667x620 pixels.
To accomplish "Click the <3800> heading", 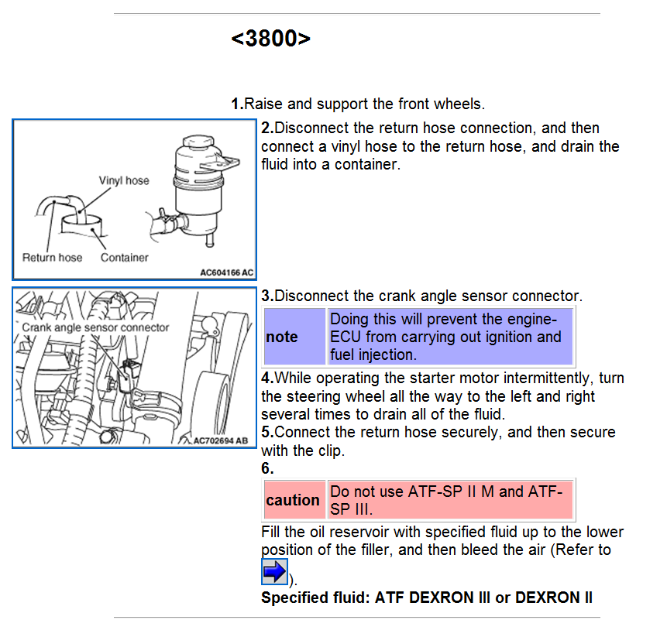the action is tap(270, 39).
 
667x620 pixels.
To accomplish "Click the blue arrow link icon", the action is tap(274, 571).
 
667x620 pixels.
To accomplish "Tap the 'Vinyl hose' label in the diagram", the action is tap(124, 180).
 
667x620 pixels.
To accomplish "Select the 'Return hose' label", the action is tap(53, 258).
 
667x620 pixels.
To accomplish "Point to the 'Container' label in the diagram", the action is tap(125, 258).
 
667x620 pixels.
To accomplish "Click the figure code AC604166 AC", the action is tap(227, 272).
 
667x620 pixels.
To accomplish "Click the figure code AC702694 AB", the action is tap(221, 440).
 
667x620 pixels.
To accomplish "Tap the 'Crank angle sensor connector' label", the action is tap(96, 327).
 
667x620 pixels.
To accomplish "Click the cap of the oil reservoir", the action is tap(198, 142).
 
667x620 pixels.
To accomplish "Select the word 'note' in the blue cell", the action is tap(282, 337).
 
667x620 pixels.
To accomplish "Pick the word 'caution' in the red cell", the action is tap(293, 500).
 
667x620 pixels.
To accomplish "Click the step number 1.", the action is tap(237, 104).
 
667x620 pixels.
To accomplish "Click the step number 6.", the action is tap(267, 468).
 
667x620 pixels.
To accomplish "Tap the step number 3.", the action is tap(267, 296).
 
